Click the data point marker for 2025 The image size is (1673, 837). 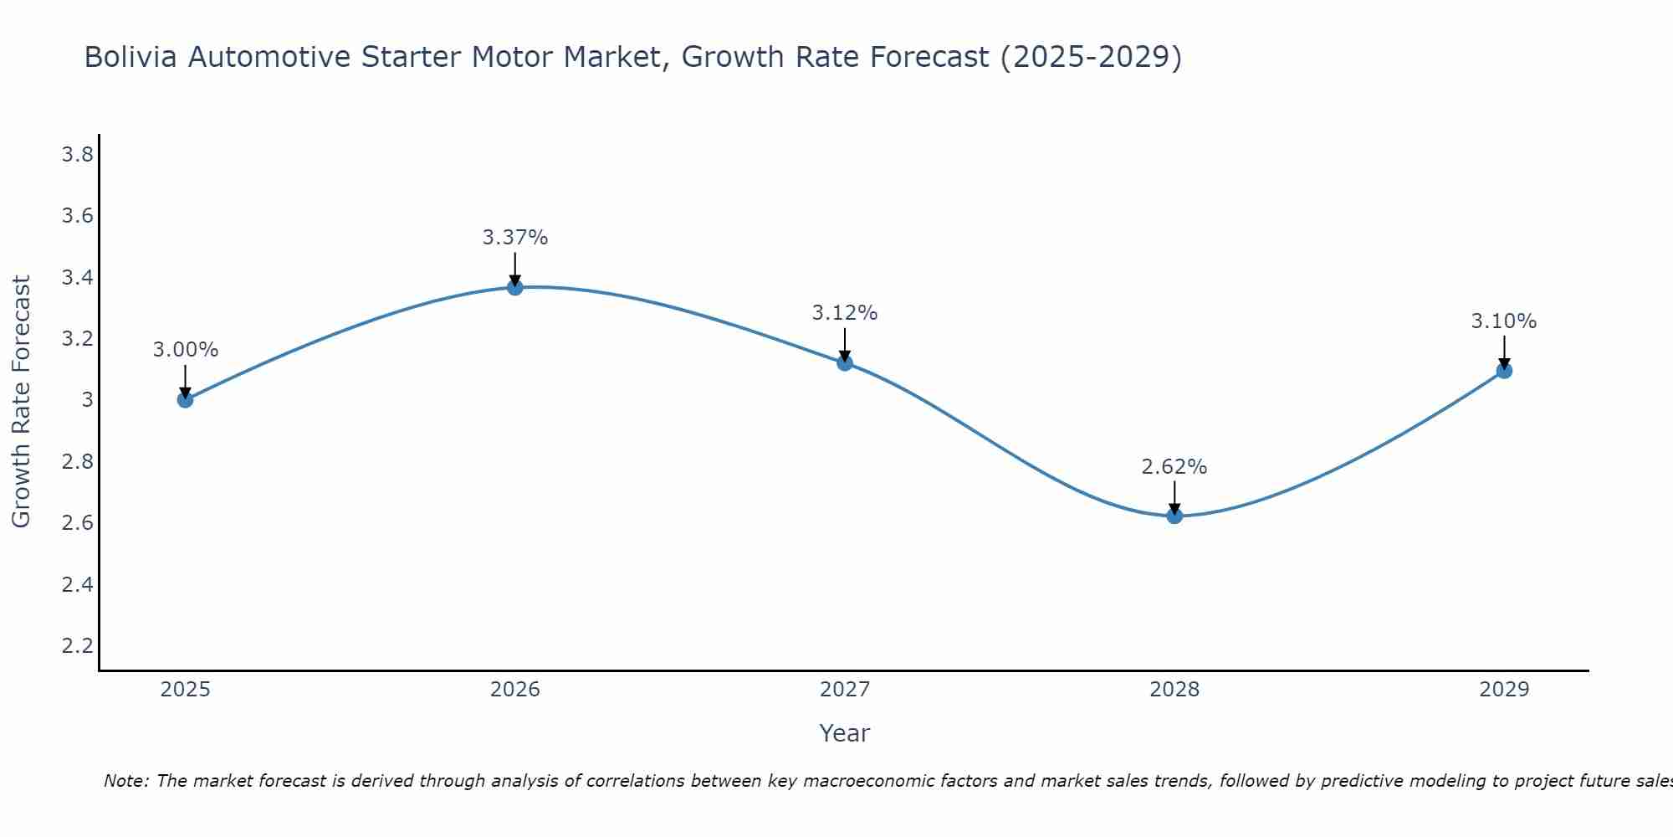tap(185, 400)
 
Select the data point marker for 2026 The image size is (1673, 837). tap(515, 287)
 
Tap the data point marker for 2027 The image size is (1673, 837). tap(845, 362)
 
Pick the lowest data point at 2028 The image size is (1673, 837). tap(1174, 516)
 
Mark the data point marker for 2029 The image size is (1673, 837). tap(1504, 370)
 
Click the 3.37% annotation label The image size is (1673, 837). tap(515, 238)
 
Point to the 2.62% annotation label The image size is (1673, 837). tap(1174, 467)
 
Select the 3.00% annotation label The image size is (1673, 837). tap(185, 350)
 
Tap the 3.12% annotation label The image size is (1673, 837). tap(845, 313)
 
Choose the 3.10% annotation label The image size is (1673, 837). tap(1504, 321)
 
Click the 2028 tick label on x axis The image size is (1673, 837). tap(1174, 690)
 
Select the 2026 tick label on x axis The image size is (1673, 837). tap(515, 690)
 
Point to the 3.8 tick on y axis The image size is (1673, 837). tap(77, 155)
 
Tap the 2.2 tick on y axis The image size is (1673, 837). tap(77, 645)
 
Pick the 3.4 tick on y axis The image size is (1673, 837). tap(77, 277)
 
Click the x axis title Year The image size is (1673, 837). tap(844, 733)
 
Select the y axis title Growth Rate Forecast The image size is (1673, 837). tap(21, 401)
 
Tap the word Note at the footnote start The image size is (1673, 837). tap(126, 781)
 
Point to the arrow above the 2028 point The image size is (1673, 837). tap(1174, 497)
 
